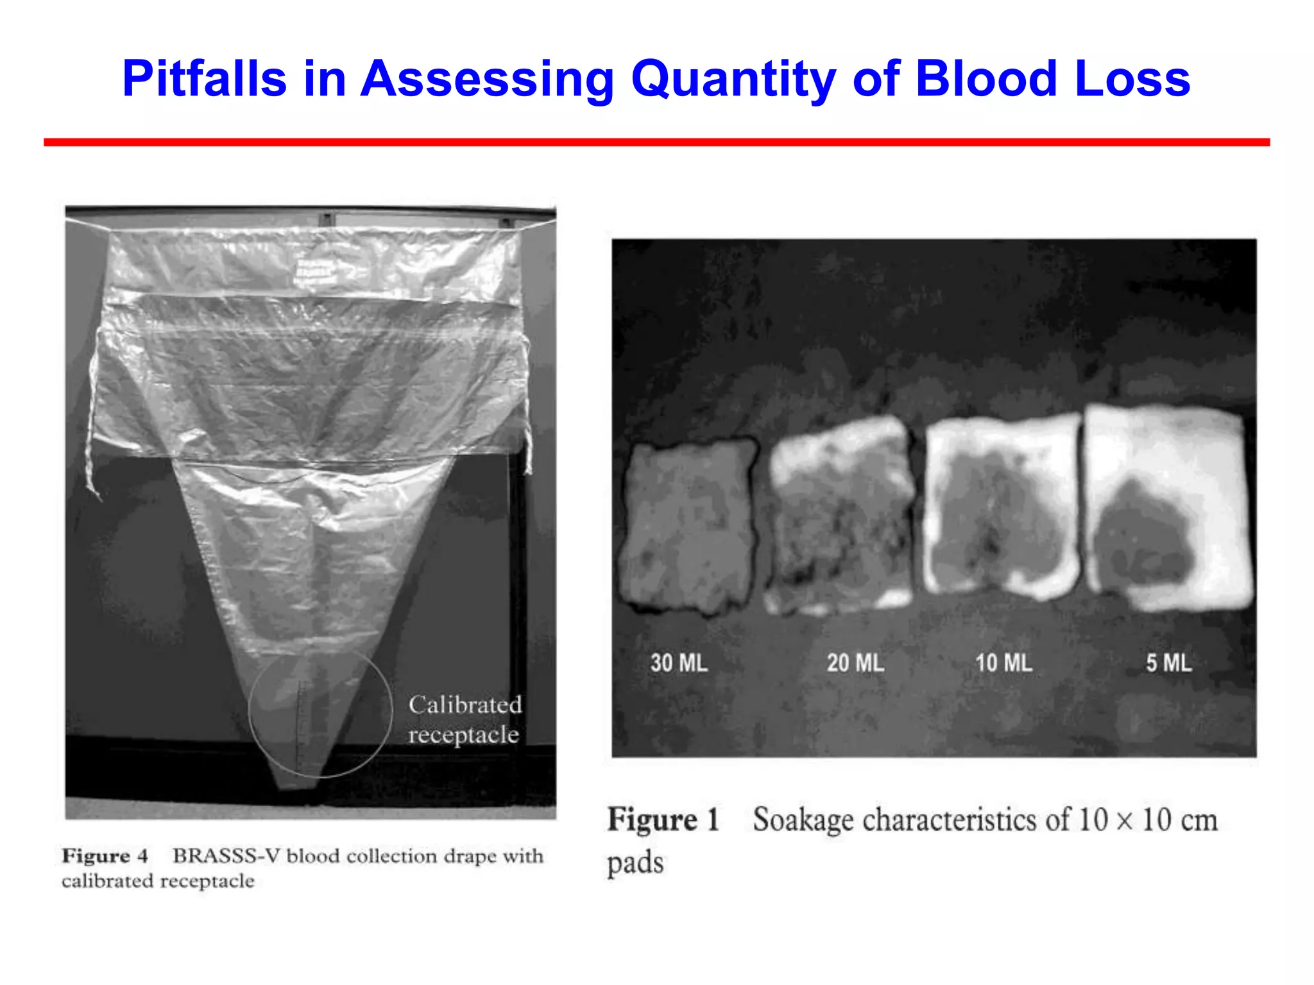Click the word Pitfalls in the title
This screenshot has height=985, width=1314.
click(x=204, y=79)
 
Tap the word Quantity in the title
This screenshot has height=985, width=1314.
click(x=733, y=79)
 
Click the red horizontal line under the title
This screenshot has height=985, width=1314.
click(x=656, y=142)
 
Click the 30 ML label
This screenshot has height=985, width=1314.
click(x=679, y=662)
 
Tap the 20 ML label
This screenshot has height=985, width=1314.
click(x=855, y=662)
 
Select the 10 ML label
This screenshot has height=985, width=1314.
click(x=1003, y=662)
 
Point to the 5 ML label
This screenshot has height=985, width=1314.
click(x=1168, y=662)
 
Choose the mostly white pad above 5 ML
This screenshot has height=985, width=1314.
click(x=1168, y=507)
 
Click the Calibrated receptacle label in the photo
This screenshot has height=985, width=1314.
click(x=465, y=720)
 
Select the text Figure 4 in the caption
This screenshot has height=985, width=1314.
click(x=105, y=856)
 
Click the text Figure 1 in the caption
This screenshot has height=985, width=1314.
click(x=663, y=820)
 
